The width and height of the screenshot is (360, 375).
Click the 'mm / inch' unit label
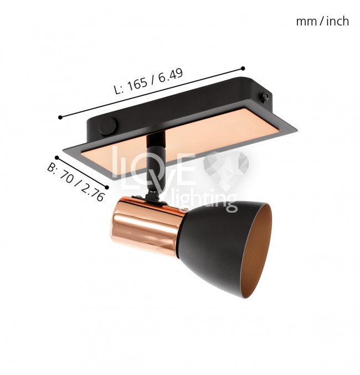tap(322, 21)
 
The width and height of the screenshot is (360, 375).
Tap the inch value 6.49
tap(171, 75)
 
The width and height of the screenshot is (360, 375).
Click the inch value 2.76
tap(92, 192)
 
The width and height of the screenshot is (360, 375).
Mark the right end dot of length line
tap(243, 68)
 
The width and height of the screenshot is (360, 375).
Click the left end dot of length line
tap(60, 117)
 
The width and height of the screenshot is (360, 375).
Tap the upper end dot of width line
tap(56, 158)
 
